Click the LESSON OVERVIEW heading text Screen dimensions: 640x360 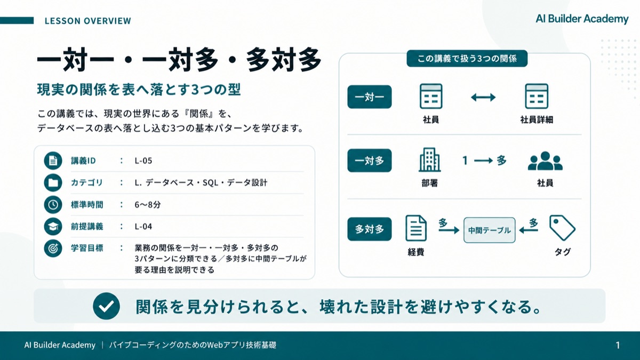click(x=88, y=21)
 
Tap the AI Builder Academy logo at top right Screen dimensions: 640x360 click(x=582, y=19)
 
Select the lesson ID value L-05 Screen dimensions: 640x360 click(x=143, y=161)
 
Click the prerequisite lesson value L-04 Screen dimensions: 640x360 click(x=143, y=227)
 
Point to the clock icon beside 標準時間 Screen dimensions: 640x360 click(x=53, y=205)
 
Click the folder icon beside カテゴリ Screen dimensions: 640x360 click(x=53, y=182)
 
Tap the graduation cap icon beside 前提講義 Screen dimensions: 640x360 click(x=53, y=227)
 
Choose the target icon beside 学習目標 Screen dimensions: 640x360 click(x=53, y=249)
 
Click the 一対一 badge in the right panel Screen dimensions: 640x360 click(x=370, y=97)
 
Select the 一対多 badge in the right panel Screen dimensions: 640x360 click(x=370, y=161)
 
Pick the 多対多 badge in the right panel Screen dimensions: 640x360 click(x=370, y=229)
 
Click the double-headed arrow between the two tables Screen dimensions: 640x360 click(x=483, y=97)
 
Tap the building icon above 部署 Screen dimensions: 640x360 click(x=430, y=159)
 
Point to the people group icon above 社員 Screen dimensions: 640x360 click(x=545, y=161)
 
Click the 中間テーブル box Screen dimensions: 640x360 click(x=490, y=230)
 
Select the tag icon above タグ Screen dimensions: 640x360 click(x=562, y=228)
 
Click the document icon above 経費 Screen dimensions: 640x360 click(x=416, y=228)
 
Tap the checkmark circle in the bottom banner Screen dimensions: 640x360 click(x=106, y=306)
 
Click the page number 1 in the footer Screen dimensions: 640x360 click(x=618, y=346)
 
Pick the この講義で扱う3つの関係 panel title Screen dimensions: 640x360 click(x=467, y=59)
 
